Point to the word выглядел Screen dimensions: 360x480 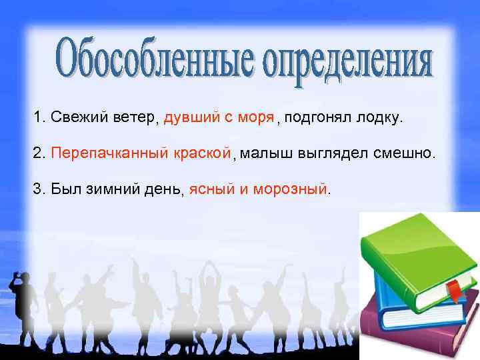[x=331, y=153]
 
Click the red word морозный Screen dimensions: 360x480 [x=290, y=189]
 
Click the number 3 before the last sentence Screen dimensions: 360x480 [x=37, y=189]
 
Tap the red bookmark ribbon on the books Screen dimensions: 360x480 [x=453, y=291]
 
